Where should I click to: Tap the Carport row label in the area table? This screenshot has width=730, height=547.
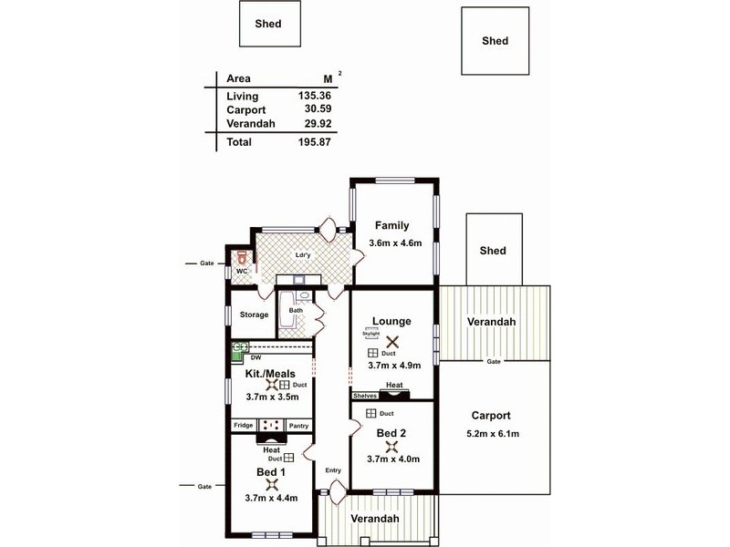[x=246, y=110]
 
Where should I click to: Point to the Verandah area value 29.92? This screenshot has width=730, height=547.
[x=321, y=125]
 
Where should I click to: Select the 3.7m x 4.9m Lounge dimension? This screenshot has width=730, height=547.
[x=394, y=366]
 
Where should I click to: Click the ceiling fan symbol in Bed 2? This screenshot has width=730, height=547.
[x=393, y=447]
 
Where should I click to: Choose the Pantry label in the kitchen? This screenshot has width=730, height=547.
[x=298, y=426]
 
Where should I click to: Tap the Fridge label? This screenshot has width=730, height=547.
[x=243, y=426]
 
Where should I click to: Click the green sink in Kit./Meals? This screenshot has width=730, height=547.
[x=241, y=347]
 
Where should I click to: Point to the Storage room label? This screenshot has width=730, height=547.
[x=255, y=315]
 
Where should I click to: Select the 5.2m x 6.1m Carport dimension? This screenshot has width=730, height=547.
[x=494, y=433]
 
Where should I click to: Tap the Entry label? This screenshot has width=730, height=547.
[x=333, y=470]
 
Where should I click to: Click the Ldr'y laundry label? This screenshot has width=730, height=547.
[x=303, y=255]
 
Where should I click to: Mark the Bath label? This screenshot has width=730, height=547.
[x=297, y=311]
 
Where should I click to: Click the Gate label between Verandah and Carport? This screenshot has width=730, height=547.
[x=494, y=362]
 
